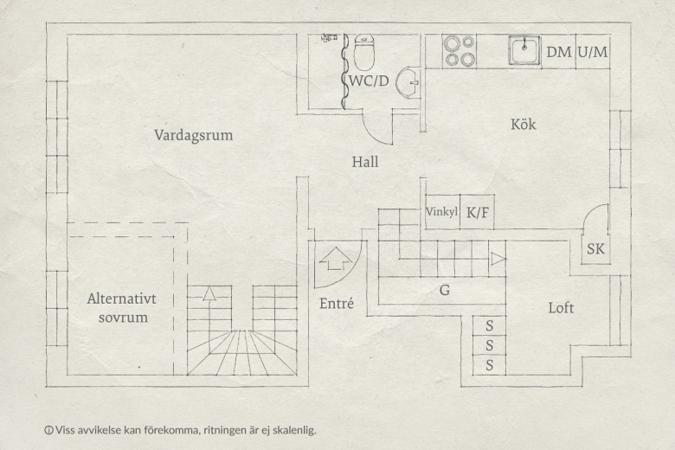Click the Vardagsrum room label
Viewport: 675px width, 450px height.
pyautogui.click(x=193, y=135)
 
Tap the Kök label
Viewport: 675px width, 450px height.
pyautogui.click(x=523, y=124)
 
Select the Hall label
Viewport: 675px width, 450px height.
pyautogui.click(x=365, y=162)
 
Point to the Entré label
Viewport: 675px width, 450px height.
pyautogui.click(x=337, y=304)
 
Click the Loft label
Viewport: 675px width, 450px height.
pyautogui.click(x=561, y=307)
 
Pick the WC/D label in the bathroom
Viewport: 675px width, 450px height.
pyautogui.click(x=369, y=80)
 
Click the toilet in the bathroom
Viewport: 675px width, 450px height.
pyautogui.click(x=364, y=52)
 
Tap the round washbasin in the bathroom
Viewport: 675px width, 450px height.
pyautogui.click(x=408, y=82)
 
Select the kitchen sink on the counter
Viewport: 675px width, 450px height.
pyautogui.click(x=524, y=50)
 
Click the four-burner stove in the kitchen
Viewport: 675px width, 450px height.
pyautogui.click(x=460, y=51)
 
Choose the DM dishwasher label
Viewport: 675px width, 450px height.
pyautogui.click(x=558, y=52)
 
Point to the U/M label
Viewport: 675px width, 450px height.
pyautogui.click(x=593, y=52)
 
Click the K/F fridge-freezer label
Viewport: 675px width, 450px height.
pyautogui.click(x=478, y=212)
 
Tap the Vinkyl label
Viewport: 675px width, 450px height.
pyautogui.click(x=441, y=212)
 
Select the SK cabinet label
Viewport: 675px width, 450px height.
pyautogui.click(x=595, y=249)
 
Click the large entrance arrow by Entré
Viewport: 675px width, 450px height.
pyautogui.click(x=336, y=259)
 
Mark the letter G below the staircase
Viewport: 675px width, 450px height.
pyautogui.click(x=444, y=290)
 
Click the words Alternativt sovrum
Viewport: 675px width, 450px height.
pyautogui.click(x=122, y=308)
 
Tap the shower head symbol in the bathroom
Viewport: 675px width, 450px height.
pyautogui.click(x=330, y=38)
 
